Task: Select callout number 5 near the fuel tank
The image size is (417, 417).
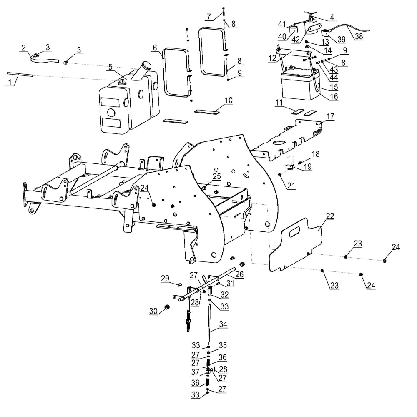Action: (x=110, y=67)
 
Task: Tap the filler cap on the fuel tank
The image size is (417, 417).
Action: (x=146, y=65)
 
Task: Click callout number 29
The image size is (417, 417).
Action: (x=165, y=278)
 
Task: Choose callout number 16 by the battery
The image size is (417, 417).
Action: (x=334, y=97)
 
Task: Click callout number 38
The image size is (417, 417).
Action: (x=359, y=36)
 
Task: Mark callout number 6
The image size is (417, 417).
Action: (x=155, y=48)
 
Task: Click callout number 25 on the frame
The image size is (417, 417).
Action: (x=216, y=176)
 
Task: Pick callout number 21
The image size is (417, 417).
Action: (x=291, y=186)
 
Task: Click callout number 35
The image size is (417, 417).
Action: (x=223, y=345)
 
